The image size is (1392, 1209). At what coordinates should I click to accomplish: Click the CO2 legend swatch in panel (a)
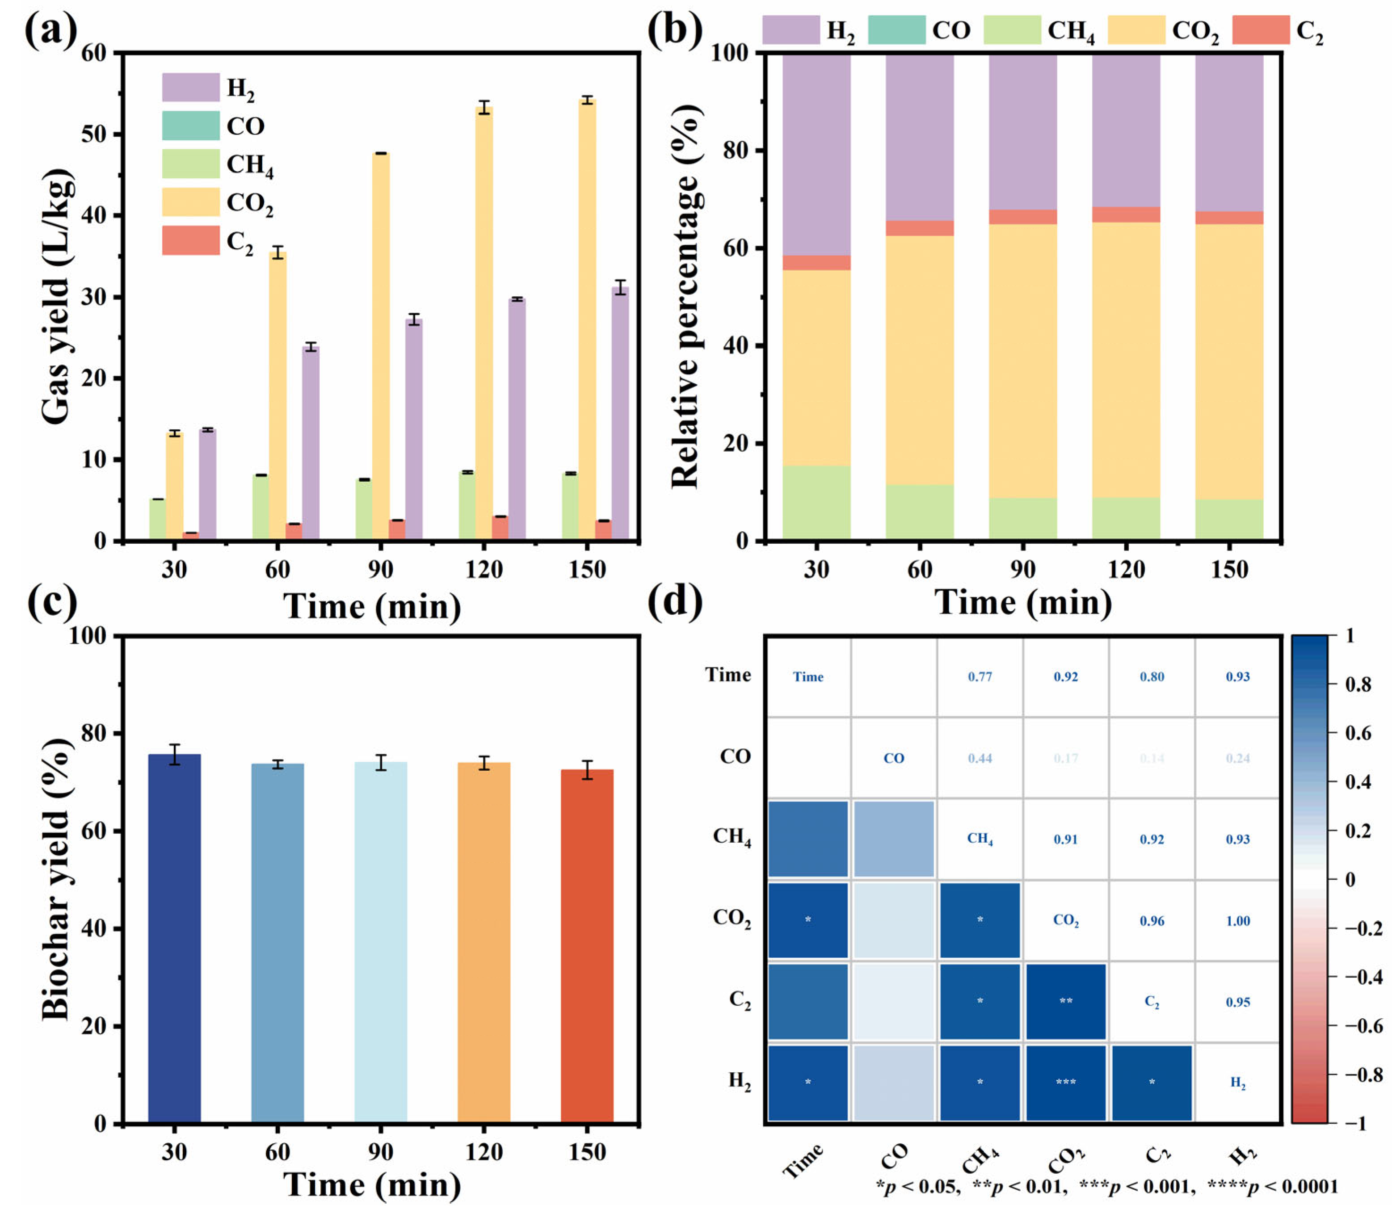click(190, 202)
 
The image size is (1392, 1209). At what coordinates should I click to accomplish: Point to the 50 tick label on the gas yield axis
click(94, 134)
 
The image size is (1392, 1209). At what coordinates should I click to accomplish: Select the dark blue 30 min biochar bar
click(174, 938)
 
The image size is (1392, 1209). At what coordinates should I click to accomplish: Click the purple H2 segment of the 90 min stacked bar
click(1023, 131)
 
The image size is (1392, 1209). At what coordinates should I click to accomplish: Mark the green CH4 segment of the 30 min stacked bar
click(816, 503)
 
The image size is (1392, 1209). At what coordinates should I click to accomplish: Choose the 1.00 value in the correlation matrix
click(1237, 921)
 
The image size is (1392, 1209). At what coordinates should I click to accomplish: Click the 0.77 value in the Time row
click(980, 677)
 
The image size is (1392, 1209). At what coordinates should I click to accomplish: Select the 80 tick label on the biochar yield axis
click(94, 733)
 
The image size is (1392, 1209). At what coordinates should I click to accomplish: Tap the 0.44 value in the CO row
click(980, 758)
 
